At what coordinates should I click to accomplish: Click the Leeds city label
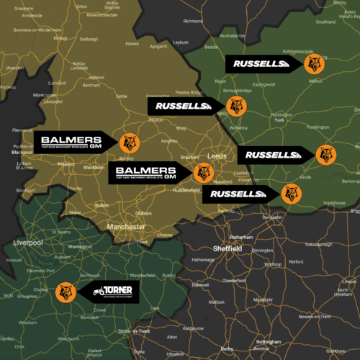[x=217, y=156]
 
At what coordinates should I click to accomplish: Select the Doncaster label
[x=272, y=217]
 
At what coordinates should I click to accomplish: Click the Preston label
[x=66, y=164]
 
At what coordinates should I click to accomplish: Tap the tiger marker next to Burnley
[x=130, y=142]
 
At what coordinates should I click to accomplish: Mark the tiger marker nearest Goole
[x=325, y=154]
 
